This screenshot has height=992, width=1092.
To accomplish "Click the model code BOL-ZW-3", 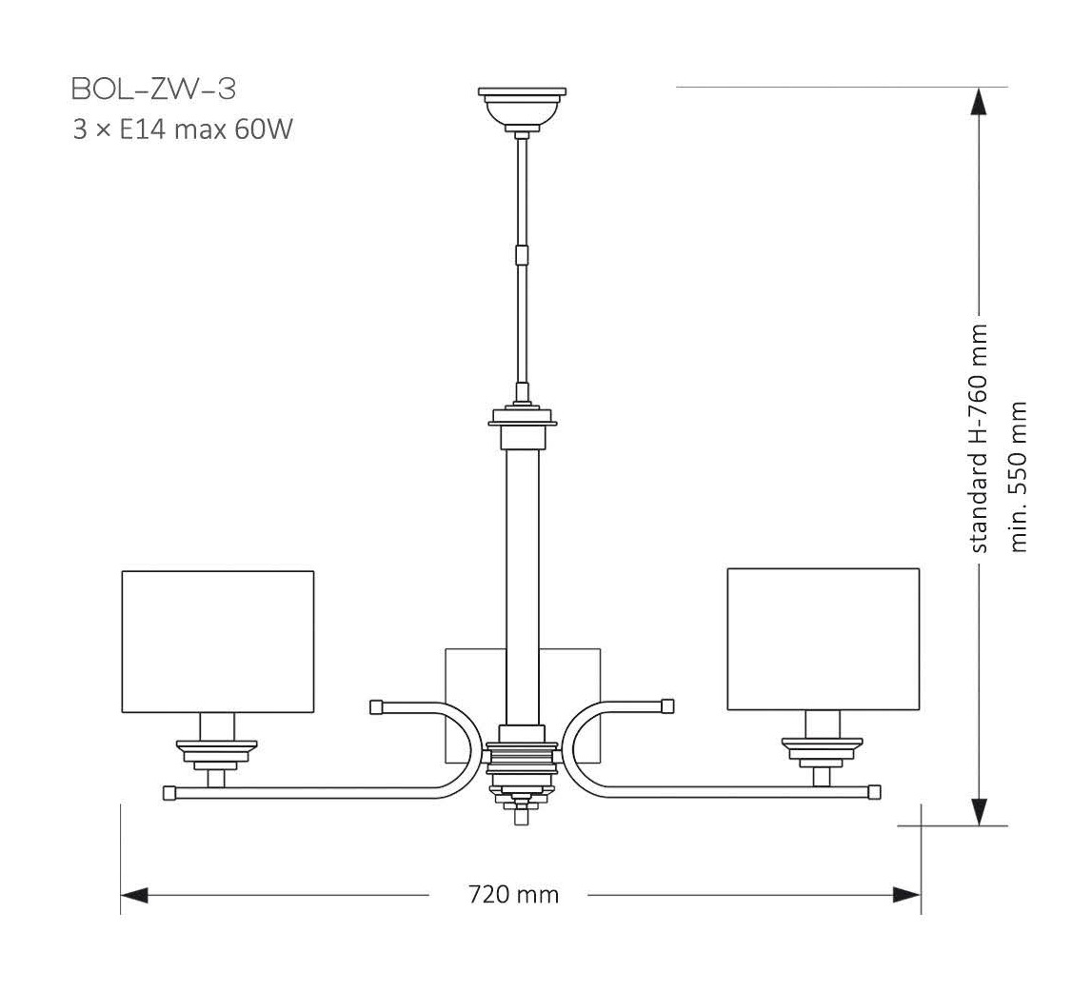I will tap(153, 89).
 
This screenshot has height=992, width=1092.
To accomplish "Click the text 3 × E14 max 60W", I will tap(181, 129).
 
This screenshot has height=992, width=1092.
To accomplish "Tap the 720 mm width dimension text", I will tap(513, 895).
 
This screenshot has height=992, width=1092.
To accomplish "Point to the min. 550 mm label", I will tap(1019, 476).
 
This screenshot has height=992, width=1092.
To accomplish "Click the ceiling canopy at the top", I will tap(522, 107).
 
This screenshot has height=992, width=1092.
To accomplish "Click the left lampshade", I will tap(218, 641).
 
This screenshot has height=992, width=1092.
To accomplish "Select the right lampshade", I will tap(823, 639).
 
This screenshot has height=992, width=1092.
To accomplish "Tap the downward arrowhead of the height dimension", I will tap(979, 811).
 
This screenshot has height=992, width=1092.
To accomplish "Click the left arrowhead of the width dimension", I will tap(134, 895).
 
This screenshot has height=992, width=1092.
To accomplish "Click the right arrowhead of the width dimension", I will tap(906, 895).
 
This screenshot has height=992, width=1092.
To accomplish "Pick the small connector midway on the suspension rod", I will tap(521, 255).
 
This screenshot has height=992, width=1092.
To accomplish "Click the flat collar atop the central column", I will tap(522, 418).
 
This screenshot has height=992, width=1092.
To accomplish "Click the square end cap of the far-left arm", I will tap(169, 792).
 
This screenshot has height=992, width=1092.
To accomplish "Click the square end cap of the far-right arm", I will tap(874, 791).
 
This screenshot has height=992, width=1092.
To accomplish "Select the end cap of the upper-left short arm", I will tap(376, 706).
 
